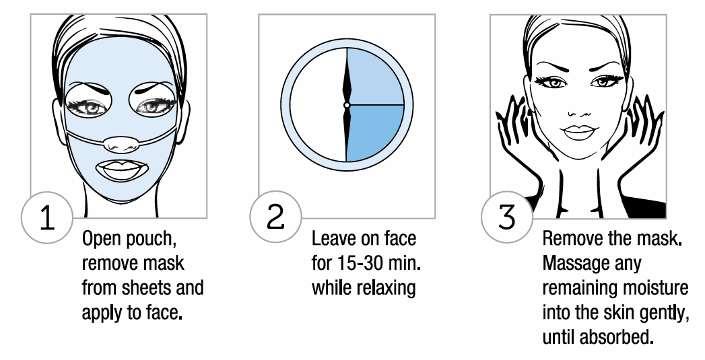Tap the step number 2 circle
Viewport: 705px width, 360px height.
point(276,217)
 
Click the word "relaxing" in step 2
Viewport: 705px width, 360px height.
point(384,288)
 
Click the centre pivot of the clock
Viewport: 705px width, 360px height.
point(347,106)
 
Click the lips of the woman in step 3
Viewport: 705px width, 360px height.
point(577,129)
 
